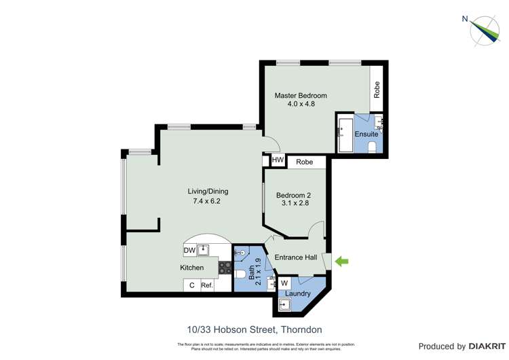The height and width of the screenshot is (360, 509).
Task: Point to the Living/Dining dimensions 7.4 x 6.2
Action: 204,201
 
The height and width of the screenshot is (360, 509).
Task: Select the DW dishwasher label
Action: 189,251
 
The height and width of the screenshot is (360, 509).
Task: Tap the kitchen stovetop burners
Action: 225,268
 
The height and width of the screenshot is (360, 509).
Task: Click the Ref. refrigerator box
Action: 207,286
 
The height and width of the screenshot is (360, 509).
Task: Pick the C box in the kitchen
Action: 191,286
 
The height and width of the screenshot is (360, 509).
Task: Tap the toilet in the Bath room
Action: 240,275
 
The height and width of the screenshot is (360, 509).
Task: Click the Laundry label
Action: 298,294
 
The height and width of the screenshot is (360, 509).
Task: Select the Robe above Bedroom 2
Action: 305,162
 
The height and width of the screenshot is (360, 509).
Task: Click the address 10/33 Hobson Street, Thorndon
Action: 254,330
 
